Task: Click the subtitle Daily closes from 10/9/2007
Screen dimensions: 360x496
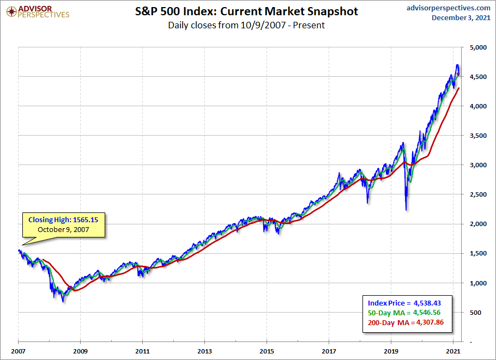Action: (x=246, y=25)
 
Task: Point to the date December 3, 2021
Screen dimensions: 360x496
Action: (x=461, y=18)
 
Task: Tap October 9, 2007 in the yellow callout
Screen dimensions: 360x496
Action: (x=64, y=230)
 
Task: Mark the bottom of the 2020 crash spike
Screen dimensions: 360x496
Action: (x=406, y=210)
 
